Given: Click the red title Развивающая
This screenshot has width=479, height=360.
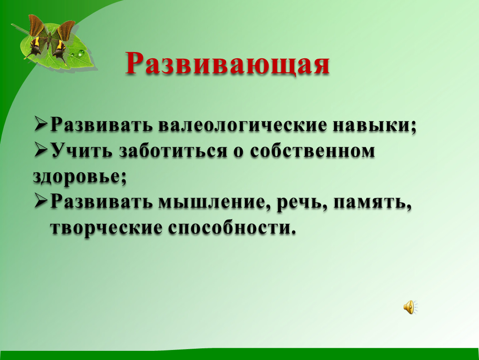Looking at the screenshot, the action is pos(227,64).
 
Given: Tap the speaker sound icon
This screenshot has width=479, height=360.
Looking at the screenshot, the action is pos(410,307).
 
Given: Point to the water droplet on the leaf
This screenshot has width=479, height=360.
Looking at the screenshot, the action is pos(81,53).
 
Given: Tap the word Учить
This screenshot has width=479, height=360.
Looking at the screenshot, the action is pos(82,151).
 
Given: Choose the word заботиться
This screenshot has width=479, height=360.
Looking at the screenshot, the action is pos(173,151).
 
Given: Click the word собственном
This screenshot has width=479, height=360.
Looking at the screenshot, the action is pos(312,151).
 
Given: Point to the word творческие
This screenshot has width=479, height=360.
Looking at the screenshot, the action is pos(106,228).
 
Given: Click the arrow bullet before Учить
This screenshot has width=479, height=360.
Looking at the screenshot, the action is pos(41,151).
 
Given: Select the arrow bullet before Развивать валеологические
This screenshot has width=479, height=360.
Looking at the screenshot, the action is pos(41,125).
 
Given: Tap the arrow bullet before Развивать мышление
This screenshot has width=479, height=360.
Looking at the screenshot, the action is pos(41,202).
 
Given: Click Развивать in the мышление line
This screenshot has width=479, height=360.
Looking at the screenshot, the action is pos(101,202).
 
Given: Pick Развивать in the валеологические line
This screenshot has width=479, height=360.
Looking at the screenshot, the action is pos(101,125).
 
